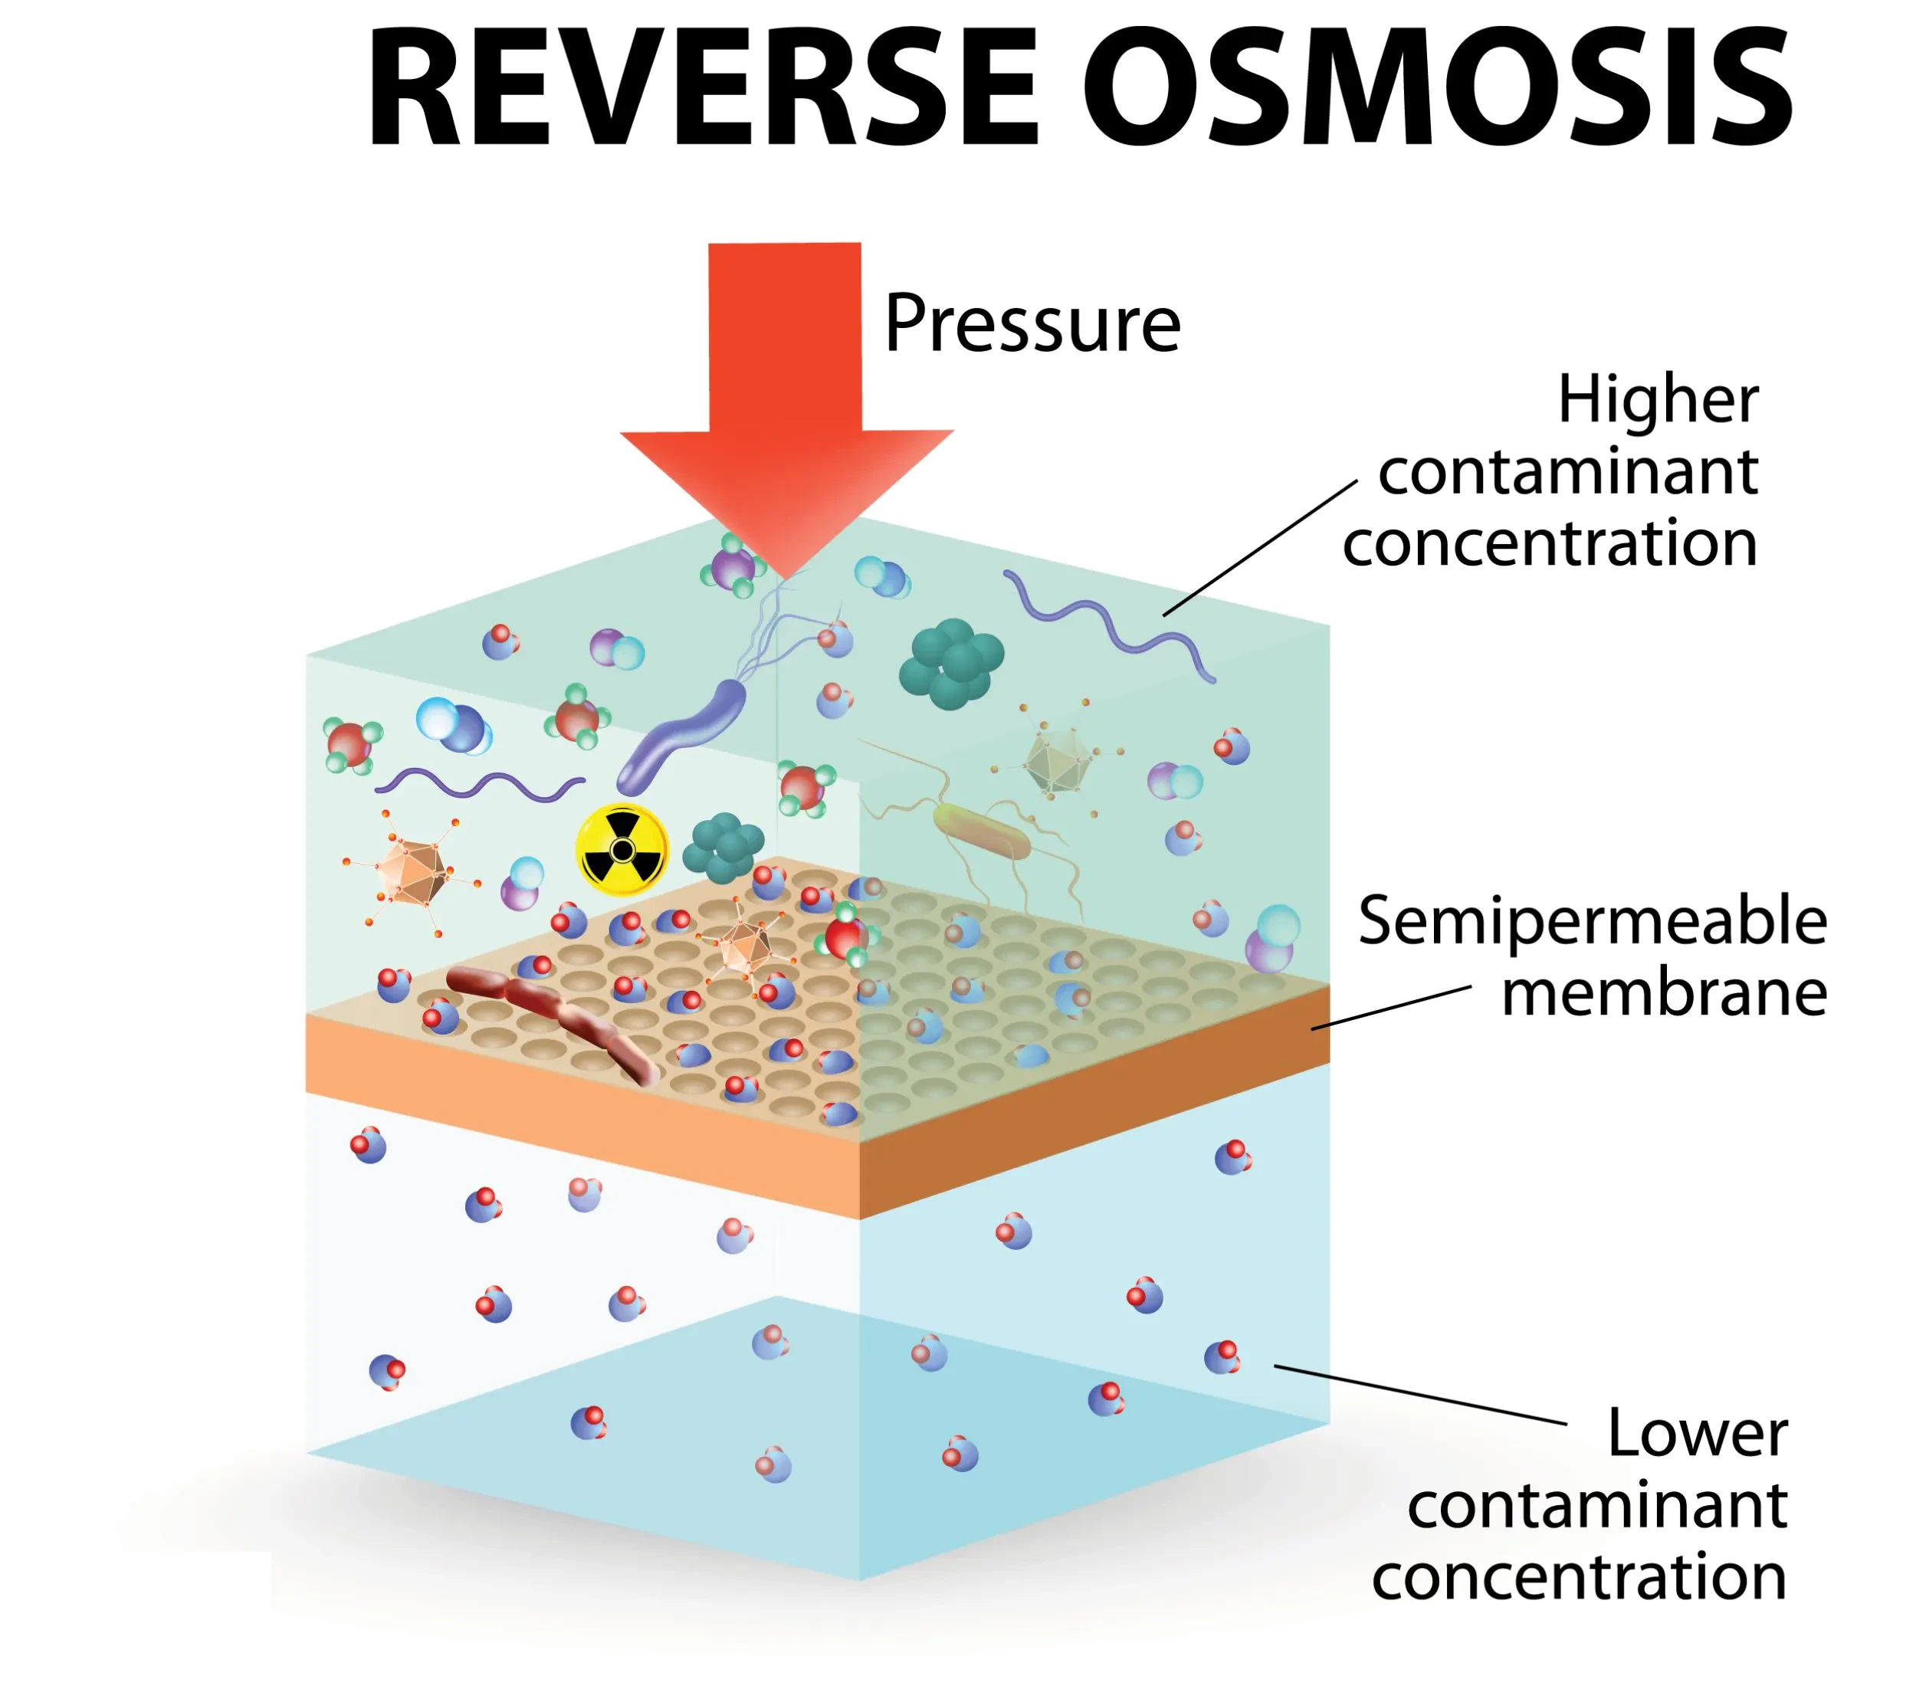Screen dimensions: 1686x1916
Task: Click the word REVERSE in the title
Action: pyautogui.click(x=703, y=89)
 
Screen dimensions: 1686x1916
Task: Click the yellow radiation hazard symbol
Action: pyautogui.click(x=622, y=849)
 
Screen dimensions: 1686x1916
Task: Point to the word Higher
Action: pyautogui.click(x=1657, y=401)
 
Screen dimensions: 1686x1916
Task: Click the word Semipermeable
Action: pyautogui.click(x=1592, y=921)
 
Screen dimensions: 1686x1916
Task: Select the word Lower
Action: pyautogui.click(x=1697, y=1433)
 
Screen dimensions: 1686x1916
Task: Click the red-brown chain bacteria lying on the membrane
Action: pyautogui.click(x=553, y=1012)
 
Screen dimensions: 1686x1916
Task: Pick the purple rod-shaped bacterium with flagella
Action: pyautogui.click(x=682, y=736)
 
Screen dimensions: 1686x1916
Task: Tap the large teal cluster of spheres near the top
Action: pyautogui.click(x=950, y=663)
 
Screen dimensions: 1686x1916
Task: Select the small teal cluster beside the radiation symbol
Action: pyautogui.click(x=723, y=848)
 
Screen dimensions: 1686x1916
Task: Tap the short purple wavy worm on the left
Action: pyautogui.click(x=478, y=783)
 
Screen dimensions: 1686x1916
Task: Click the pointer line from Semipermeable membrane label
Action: pyautogui.click(x=1390, y=1009)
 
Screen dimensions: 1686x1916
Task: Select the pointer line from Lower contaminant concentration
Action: pyautogui.click(x=1420, y=1395)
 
